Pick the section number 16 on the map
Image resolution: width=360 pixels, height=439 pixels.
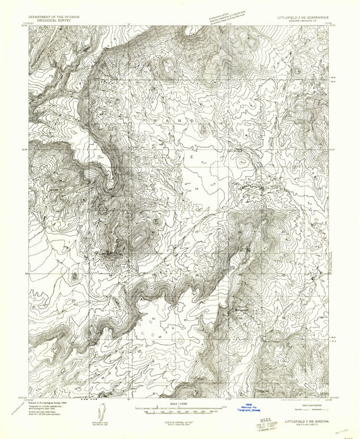pyautogui.click(x=197, y=190)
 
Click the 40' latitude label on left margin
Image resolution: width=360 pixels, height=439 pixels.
pyautogui.click(x=25, y=274)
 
